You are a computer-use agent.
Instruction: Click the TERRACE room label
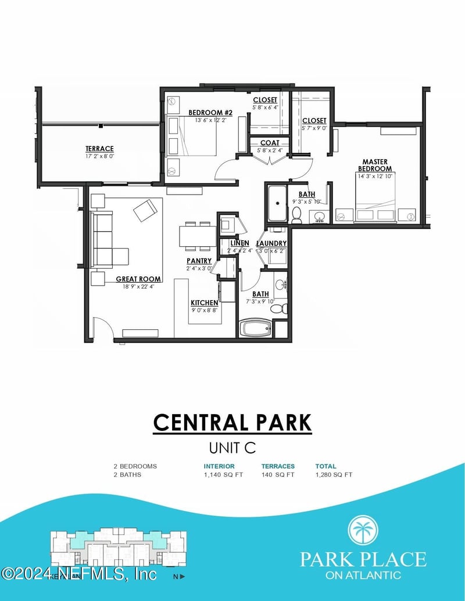99,149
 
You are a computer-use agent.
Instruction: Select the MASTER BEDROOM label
375,165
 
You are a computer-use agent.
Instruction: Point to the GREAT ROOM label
138,279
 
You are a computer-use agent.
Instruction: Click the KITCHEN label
205,303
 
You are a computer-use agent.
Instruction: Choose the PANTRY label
199,261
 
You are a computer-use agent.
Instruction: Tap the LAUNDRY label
271,243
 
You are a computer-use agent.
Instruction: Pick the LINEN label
239,243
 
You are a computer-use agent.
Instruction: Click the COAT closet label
270,143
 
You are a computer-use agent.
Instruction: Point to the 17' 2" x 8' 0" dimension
99,156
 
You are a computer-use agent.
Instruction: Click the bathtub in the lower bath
256,328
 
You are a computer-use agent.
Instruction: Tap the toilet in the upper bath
296,215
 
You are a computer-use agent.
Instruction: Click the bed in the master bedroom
375,200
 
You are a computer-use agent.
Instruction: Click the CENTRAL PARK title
233,422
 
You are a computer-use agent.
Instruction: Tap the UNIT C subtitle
233,448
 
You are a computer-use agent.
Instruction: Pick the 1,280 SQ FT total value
334,474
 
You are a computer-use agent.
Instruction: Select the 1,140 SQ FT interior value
223,474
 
